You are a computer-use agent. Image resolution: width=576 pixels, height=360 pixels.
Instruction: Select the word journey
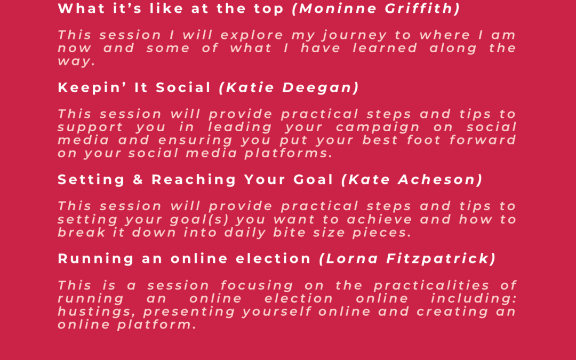(x=355, y=36)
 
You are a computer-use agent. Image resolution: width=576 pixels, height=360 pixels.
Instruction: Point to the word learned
(x=385, y=48)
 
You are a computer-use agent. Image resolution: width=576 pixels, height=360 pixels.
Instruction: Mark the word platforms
(x=289, y=153)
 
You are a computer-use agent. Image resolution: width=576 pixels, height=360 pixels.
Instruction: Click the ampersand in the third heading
(x=138, y=180)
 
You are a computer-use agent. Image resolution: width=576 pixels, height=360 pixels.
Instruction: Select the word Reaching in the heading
(x=194, y=180)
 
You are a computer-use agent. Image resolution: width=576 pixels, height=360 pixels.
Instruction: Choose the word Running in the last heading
(x=95, y=259)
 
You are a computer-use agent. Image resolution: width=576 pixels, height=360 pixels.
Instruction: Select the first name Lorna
(x=352, y=259)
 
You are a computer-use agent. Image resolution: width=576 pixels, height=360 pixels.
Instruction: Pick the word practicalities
(x=431, y=285)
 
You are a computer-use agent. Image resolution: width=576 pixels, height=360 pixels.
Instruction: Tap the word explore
(x=252, y=36)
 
